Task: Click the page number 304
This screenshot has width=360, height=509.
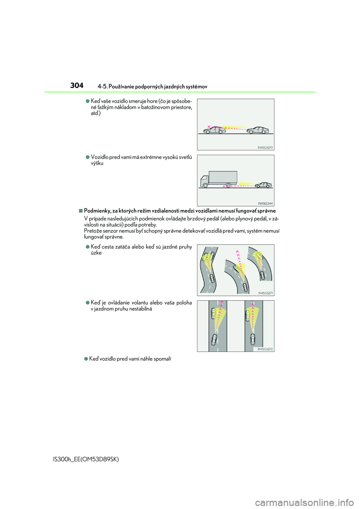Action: tap(77, 85)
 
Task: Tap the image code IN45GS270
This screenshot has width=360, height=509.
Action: tap(265, 148)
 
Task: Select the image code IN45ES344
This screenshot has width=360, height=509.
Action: tap(265, 204)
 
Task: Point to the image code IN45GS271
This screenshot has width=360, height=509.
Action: tap(265, 293)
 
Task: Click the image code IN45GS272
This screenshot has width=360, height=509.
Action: tap(265, 349)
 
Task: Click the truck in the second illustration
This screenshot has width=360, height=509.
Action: tap(219, 179)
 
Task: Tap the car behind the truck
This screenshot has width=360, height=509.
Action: tap(263, 185)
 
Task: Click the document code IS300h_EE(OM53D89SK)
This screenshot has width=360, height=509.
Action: tap(86, 459)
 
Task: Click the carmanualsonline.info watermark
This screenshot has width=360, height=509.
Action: tap(304, 502)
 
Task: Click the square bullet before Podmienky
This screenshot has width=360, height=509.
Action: tap(81, 211)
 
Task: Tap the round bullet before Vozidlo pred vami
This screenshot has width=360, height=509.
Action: tap(88, 157)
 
